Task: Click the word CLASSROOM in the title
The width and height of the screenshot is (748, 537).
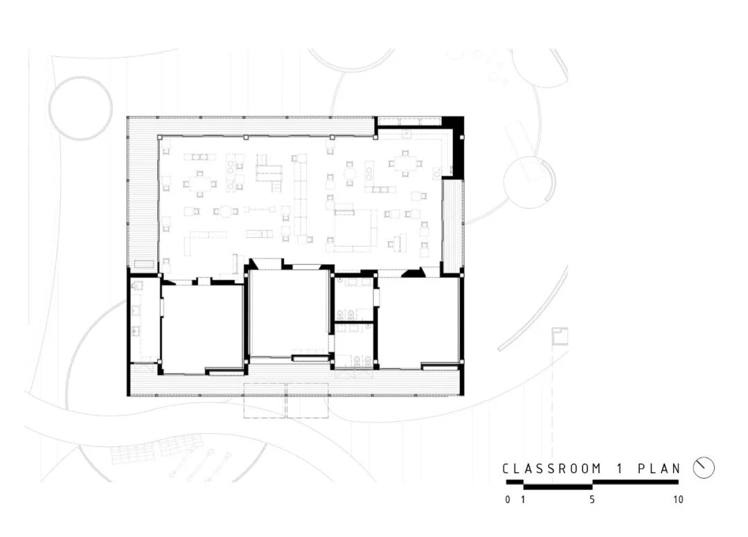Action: coord(551,468)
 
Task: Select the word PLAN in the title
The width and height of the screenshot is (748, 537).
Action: coord(659,468)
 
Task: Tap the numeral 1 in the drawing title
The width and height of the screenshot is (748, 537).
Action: coord(619,468)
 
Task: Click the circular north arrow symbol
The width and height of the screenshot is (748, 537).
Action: coord(704,468)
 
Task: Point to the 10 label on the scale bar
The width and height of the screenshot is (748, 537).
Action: coord(678,500)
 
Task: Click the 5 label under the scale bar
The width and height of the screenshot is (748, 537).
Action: coord(592,500)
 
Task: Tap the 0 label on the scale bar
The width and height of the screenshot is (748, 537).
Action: coord(508,500)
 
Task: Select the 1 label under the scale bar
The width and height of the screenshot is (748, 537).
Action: coord(524,500)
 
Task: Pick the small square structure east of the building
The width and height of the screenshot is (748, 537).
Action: coord(560,336)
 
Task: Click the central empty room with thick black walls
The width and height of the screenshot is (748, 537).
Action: coord(289,312)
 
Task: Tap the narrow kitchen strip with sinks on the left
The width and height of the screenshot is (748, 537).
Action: coord(143,319)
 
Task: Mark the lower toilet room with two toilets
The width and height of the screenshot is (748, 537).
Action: coord(355,346)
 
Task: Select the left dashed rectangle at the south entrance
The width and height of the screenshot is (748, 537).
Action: coord(265,400)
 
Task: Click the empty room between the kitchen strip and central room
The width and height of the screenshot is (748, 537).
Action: coord(202,328)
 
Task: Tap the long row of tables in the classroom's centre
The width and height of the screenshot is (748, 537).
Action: coord(301,199)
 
